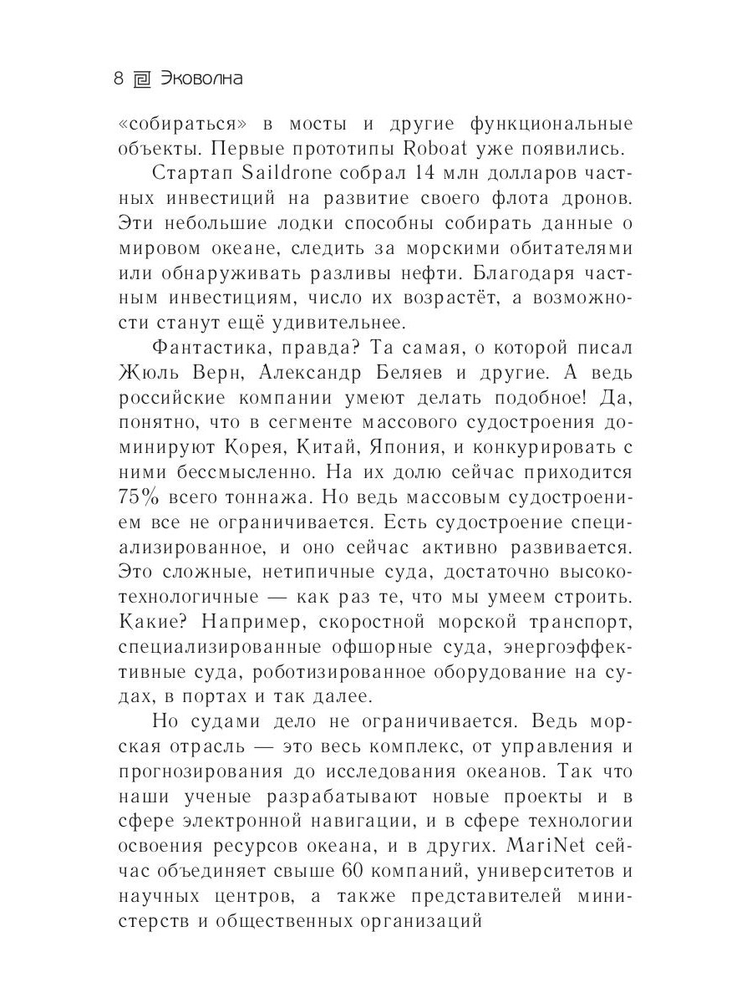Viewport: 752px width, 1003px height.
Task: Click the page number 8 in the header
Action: (x=118, y=80)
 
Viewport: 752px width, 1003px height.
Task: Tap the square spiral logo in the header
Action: (x=142, y=80)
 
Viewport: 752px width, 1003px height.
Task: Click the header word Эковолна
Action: (x=201, y=80)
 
